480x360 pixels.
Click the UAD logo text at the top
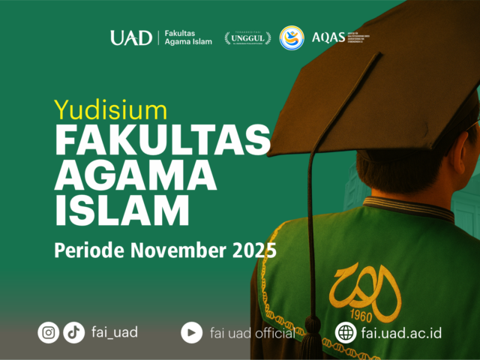pos(131,37)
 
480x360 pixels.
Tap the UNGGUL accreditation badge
pos(247,37)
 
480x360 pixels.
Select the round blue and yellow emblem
pos(292,37)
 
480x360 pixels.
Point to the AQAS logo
pos(330,37)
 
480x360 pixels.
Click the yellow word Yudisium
pos(110,109)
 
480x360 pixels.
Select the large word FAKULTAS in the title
pos(162,142)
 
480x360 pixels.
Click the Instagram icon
pos(49,332)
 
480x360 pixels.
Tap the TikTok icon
pos(73,332)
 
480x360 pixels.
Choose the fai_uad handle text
pos(114,331)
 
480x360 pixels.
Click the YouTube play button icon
pos(191,332)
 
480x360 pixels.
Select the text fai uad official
pos(252,332)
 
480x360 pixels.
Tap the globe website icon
pos(346,332)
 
